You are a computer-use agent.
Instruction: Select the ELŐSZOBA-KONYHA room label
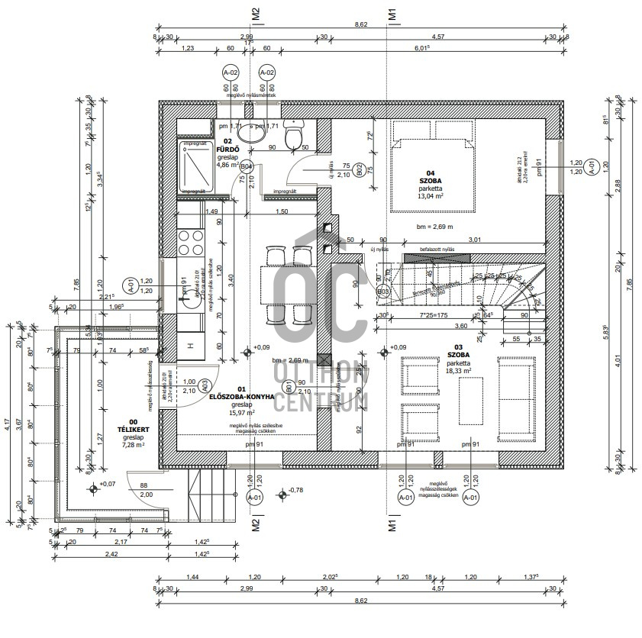point(242,396)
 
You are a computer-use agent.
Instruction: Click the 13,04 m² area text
point(431,195)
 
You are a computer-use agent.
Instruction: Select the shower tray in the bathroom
point(195,167)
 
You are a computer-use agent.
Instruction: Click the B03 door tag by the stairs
point(383,292)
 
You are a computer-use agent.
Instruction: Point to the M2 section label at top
point(256,13)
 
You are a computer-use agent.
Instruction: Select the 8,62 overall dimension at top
point(360,24)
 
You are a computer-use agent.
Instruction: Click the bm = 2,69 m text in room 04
point(434,227)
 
